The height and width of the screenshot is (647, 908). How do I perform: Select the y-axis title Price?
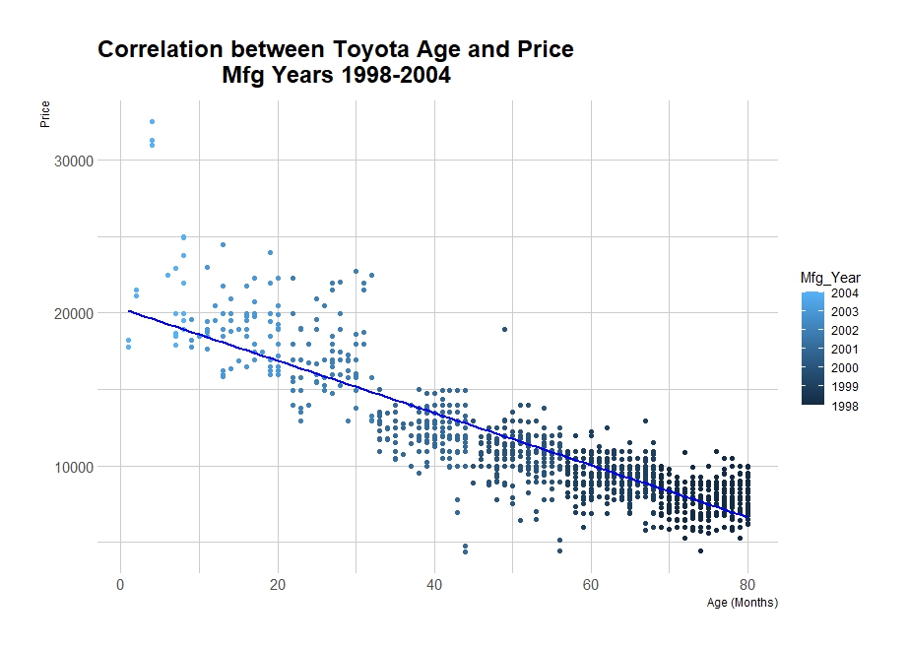(x=45, y=114)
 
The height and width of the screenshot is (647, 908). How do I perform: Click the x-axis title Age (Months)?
(x=742, y=603)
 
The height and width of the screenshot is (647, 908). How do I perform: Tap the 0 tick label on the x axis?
(x=120, y=583)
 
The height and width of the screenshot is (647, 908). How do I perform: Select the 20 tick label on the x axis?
(x=277, y=583)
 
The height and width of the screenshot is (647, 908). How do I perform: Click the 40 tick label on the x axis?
(x=434, y=583)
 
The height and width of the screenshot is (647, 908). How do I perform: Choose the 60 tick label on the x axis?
(x=591, y=583)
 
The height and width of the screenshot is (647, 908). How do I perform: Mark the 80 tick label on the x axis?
(x=747, y=583)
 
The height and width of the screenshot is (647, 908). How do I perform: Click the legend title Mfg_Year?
(x=830, y=279)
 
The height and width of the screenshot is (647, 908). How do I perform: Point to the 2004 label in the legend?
(x=844, y=293)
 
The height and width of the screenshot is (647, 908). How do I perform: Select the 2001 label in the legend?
(x=844, y=349)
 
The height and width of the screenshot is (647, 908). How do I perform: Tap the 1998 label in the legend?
(x=844, y=405)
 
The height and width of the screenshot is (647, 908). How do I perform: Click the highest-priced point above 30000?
(x=152, y=122)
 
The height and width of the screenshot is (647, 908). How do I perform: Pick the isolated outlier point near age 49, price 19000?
(x=504, y=329)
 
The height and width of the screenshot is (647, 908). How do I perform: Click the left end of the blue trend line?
(x=129, y=311)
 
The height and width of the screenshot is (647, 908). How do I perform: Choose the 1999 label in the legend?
(x=844, y=386)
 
